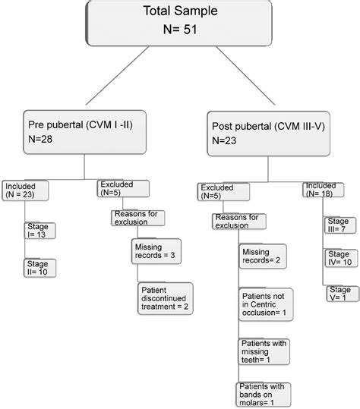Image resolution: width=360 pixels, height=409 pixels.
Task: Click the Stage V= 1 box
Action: pyautogui.click(x=338, y=294)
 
